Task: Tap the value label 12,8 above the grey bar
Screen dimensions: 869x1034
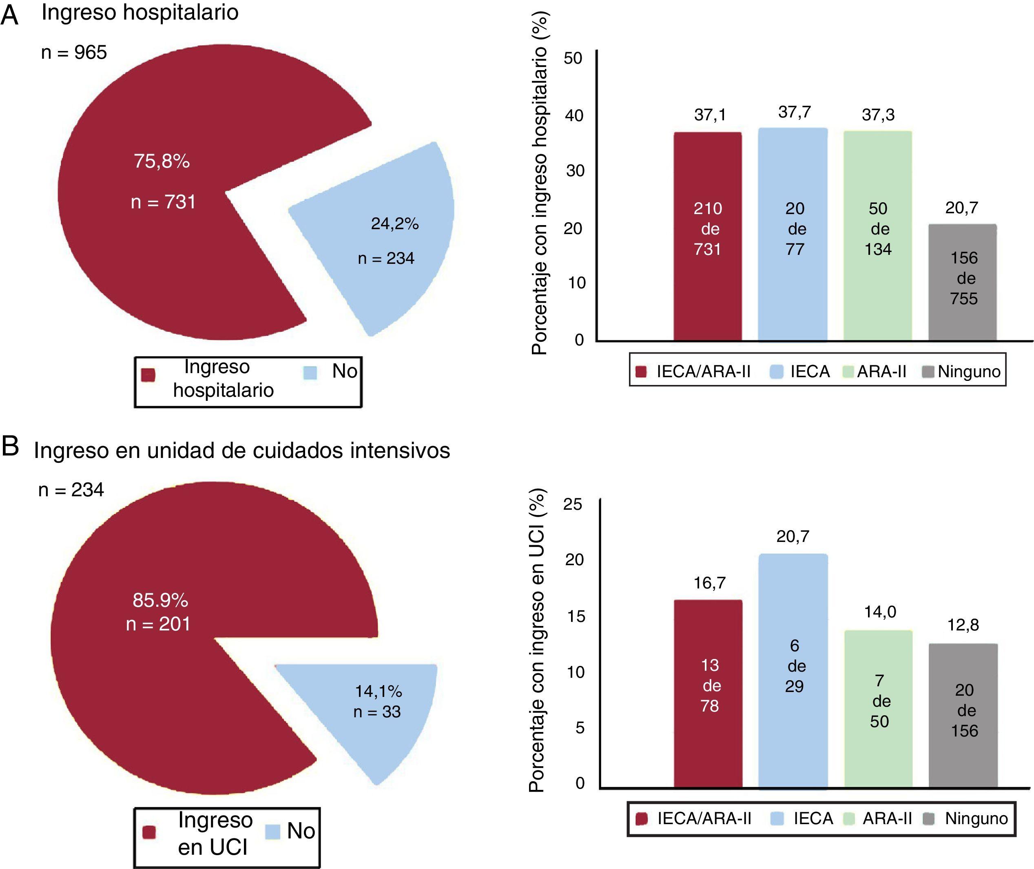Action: click(963, 626)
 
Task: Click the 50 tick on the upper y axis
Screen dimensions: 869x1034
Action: click(573, 59)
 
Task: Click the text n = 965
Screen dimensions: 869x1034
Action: click(74, 53)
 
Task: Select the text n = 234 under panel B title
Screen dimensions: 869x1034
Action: click(71, 490)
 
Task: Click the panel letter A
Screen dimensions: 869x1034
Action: click(10, 16)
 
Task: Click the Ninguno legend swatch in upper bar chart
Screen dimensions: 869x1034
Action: click(928, 372)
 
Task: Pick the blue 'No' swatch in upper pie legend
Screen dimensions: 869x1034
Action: click(310, 373)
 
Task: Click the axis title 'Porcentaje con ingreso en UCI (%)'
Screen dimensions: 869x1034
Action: click(536, 640)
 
